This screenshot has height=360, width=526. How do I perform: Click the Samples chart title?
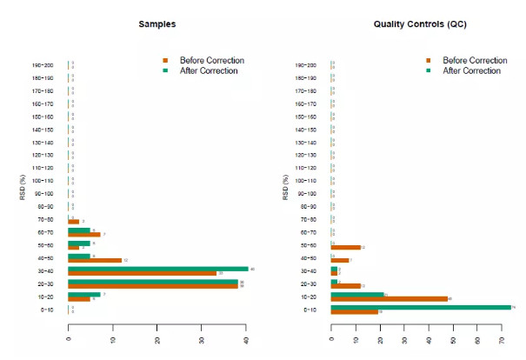(x=157, y=24)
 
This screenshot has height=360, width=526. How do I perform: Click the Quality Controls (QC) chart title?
(x=421, y=24)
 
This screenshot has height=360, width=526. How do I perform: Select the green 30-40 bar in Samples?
(x=157, y=269)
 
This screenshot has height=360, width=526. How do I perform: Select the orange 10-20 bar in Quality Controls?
(x=389, y=299)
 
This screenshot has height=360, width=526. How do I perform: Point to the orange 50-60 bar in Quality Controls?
(x=345, y=248)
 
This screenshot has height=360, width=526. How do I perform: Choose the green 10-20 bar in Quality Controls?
(x=357, y=294)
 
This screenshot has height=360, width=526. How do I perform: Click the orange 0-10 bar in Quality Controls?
(x=354, y=312)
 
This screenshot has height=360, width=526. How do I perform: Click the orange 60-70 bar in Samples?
(x=83, y=235)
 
